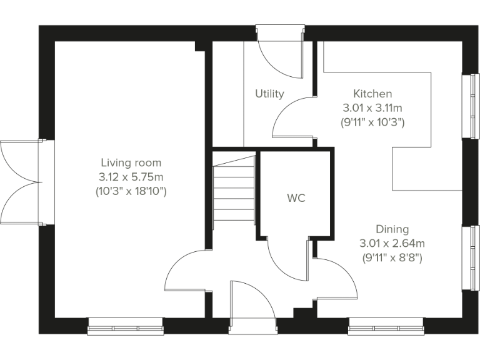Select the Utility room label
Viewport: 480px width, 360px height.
[269, 94]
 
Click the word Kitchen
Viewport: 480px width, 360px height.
[372, 94]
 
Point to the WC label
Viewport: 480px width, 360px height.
[296, 198]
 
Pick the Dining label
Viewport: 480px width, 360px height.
[392, 229]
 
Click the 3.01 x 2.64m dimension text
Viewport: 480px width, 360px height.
[392, 243]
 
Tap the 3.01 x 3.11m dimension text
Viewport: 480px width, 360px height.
[372, 107]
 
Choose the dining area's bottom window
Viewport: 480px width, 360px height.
[386, 326]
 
